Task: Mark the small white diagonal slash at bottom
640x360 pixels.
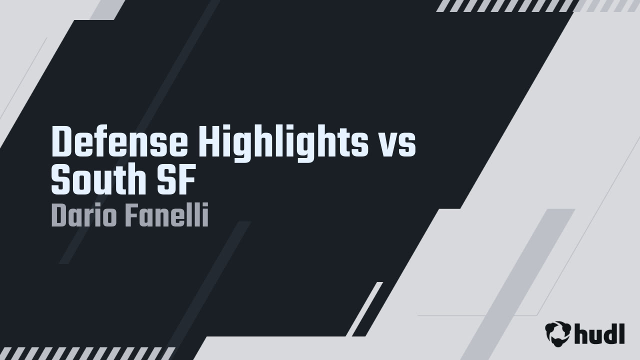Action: click(364, 309)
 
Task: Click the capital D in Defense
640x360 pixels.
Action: click(61, 142)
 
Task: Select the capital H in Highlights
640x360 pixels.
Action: click(208, 142)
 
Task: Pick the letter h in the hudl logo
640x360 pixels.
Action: click(582, 333)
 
